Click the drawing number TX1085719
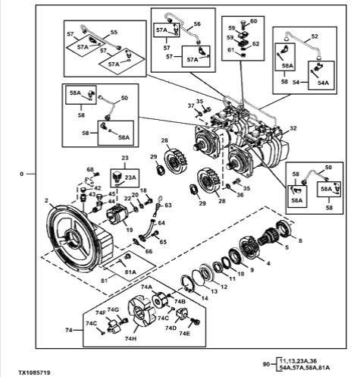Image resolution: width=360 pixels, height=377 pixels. (x=34, y=372)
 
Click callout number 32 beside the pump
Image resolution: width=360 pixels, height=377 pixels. (x=293, y=128)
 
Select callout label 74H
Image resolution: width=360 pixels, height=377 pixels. (x=130, y=338)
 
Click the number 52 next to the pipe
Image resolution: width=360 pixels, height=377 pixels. (x=315, y=36)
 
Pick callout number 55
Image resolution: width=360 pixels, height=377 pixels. (x=114, y=33)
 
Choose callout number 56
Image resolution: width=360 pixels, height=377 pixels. (x=197, y=24)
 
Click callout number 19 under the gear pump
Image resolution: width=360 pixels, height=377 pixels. (x=130, y=230)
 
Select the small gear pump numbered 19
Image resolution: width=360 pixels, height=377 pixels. (x=118, y=215)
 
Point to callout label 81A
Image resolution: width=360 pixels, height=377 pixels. (x=130, y=272)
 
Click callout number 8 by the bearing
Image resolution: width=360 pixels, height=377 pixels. (x=300, y=240)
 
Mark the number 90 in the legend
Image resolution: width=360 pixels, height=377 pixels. (x=267, y=364)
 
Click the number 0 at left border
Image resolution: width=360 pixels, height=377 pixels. (x=21, y=174)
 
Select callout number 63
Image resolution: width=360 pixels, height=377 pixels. (x=168, y=205)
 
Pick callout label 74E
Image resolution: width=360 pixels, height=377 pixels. (x=184, y=333)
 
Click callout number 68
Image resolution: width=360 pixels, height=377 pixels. (x=90, y=169)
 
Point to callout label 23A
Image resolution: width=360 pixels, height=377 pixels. (x=130, y=178)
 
